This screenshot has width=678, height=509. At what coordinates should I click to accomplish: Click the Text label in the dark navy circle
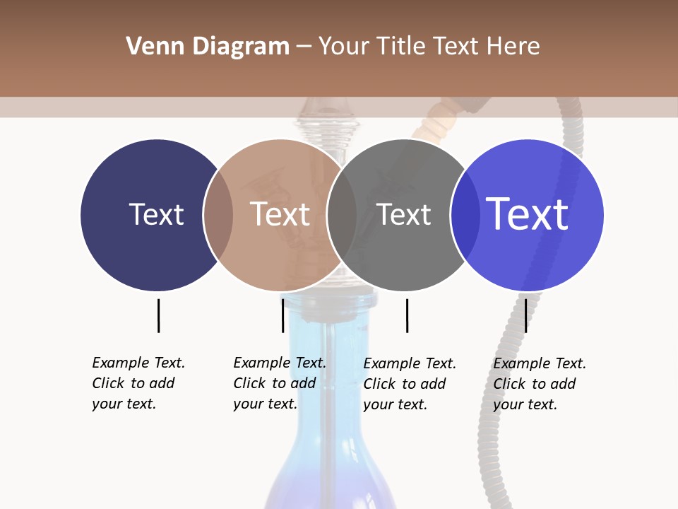click(156, 214)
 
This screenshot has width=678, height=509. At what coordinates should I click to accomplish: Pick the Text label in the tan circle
click(280, 214)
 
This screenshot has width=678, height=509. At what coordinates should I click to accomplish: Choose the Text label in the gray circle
click(403, 214)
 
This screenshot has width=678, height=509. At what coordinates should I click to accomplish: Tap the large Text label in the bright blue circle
click(528, 214)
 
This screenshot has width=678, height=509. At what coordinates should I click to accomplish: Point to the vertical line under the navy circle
click(158, 315)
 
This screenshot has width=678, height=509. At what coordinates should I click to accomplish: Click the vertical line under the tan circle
click(282, 315)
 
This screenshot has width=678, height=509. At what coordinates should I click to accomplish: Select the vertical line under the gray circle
click(407, 315)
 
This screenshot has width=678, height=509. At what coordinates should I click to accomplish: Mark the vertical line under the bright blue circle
click(525, 315)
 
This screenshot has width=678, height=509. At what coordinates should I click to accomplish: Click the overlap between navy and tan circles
click(218, 214)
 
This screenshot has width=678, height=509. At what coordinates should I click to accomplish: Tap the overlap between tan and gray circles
click(342, 214)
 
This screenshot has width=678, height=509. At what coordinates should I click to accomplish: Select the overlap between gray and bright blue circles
click(465, 214)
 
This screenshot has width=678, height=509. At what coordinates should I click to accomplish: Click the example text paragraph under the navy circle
click(138, 383)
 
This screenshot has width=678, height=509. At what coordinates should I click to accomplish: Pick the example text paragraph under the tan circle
click(279, 383)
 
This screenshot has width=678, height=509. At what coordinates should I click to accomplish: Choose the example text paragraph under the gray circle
click(409, 384)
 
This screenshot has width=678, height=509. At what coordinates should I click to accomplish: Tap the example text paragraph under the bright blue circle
click(539, 384)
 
